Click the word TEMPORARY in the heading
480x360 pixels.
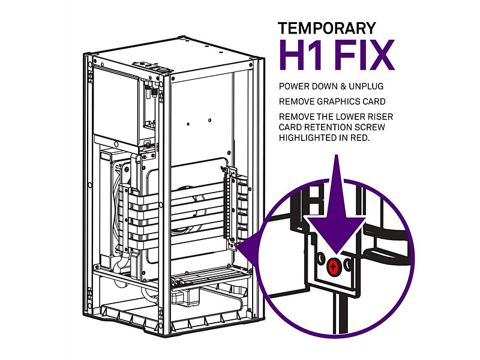pyautogui.click(x=327, y=28)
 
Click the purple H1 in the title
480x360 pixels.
pyautogui.click(x=301, y=55)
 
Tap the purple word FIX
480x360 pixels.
pyautogui.click(x=364, y=55)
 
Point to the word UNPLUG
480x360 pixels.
pyautogui.click(x=366, y=86)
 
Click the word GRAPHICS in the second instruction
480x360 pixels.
pyautogui.click(x=340, y=101)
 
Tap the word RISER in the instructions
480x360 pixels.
pyautogui.click(x=380, y=117)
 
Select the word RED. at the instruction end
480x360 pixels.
pyautogui.click(x=359, y=138)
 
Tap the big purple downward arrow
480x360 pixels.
pyautogui.click(x=337, y=214)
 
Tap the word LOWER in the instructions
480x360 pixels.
pyautogui.click(x=350, y=117)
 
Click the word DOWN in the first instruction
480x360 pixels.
pyautogui.click(x=323, y=86)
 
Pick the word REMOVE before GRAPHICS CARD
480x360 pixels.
pyautogui.click(x=296, y=101)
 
